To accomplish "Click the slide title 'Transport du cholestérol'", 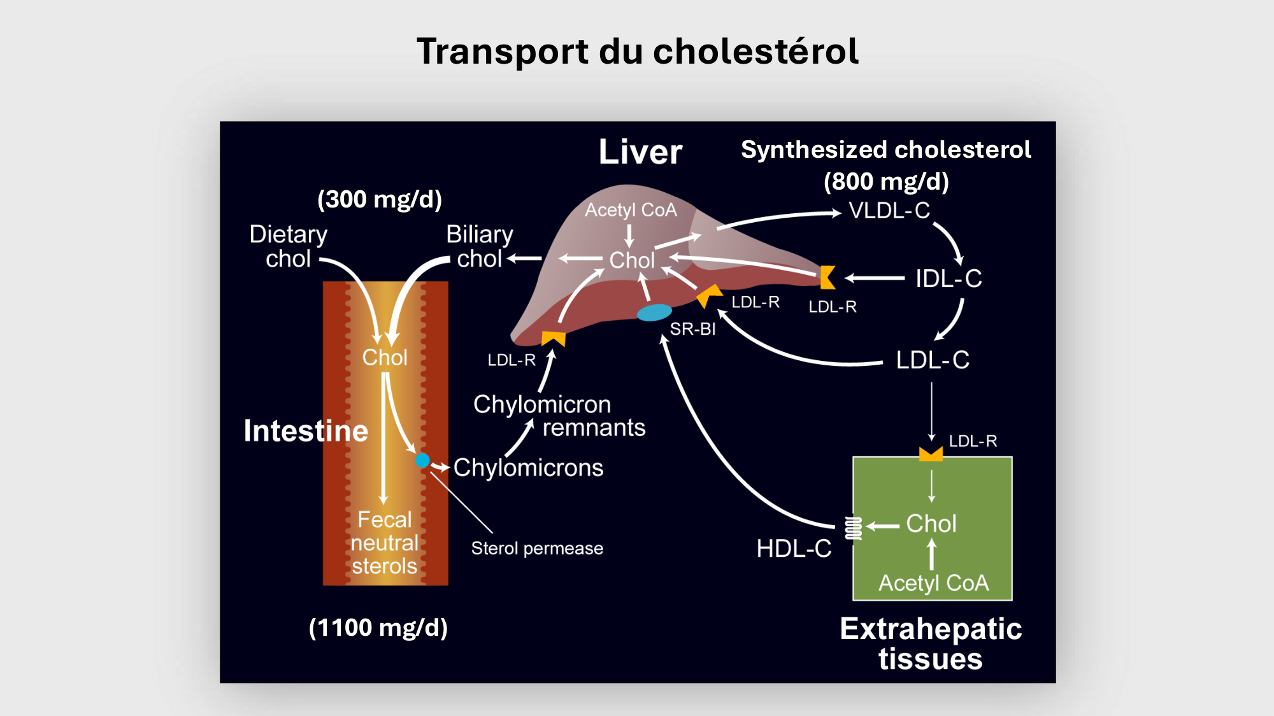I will coord(637,51).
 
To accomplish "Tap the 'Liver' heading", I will coord(640,152).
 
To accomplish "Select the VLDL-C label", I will coord(889,211).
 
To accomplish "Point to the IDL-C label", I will coord(948,279).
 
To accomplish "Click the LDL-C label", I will coord(933,360).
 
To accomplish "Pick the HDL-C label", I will coord(794,549).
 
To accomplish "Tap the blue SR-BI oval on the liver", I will coord(654,312).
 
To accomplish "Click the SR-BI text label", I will coord(692,329).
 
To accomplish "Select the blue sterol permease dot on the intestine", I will coord(422,460).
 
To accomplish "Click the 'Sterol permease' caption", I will coord(537,549).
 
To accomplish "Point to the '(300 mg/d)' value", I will coord(380,199).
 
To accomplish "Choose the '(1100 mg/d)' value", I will coord(378,628).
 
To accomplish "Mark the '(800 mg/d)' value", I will coord(886,182).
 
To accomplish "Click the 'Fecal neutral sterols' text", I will coord(385,543).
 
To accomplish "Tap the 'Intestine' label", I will coord(306,431).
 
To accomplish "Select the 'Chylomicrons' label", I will coord(528,468).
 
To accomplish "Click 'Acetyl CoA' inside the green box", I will coord(933,583).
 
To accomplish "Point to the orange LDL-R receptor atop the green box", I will coord(931,454).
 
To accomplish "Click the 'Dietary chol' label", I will coord(289,247).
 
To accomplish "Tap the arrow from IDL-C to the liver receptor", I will coord(875,278).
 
